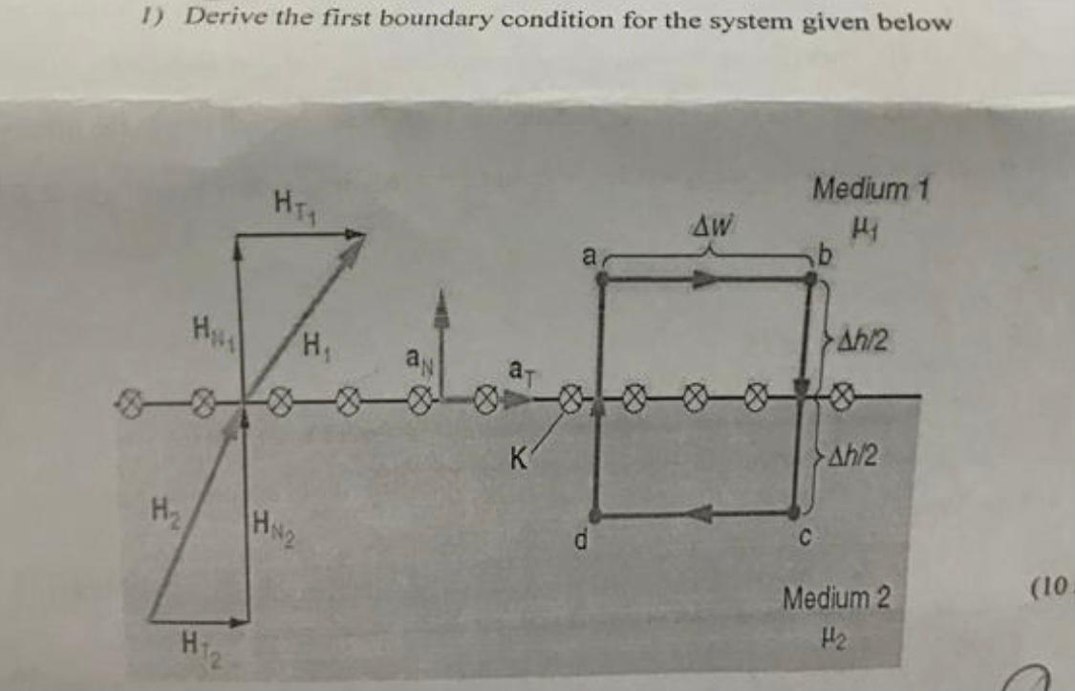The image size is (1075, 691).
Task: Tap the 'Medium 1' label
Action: click(x=871, y=189)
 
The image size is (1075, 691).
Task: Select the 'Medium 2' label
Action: click(x=836, y=599)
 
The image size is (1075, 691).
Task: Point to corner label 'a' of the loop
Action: click(x=590, y=255)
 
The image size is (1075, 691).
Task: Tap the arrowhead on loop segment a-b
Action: click(x=705, y=278)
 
